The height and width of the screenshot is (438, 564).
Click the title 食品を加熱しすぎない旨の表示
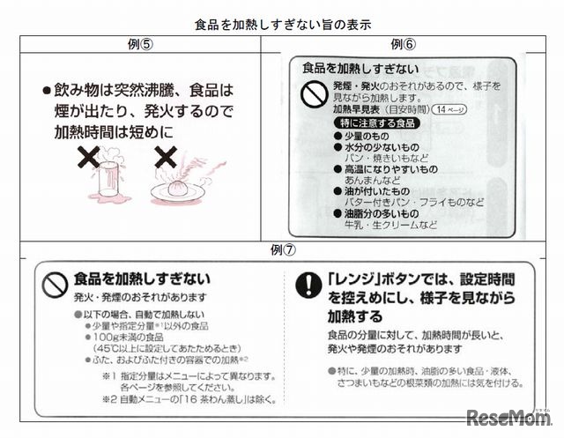point(282,26)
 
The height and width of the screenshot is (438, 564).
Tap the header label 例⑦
point(282,251)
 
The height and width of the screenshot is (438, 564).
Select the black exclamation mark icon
point(308,284)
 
